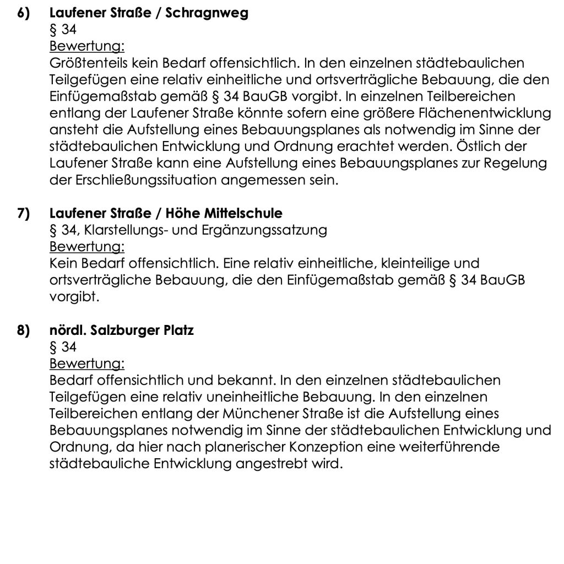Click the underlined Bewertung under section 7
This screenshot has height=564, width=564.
[87, 246]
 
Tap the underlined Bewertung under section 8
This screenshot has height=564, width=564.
[87, 364]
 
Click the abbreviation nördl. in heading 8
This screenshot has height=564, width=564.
[67, 332]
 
